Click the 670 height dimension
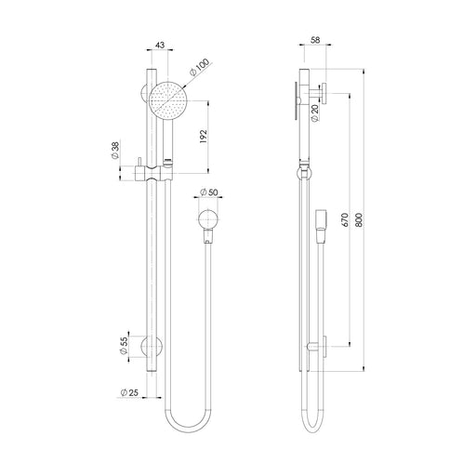(345, 220)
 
